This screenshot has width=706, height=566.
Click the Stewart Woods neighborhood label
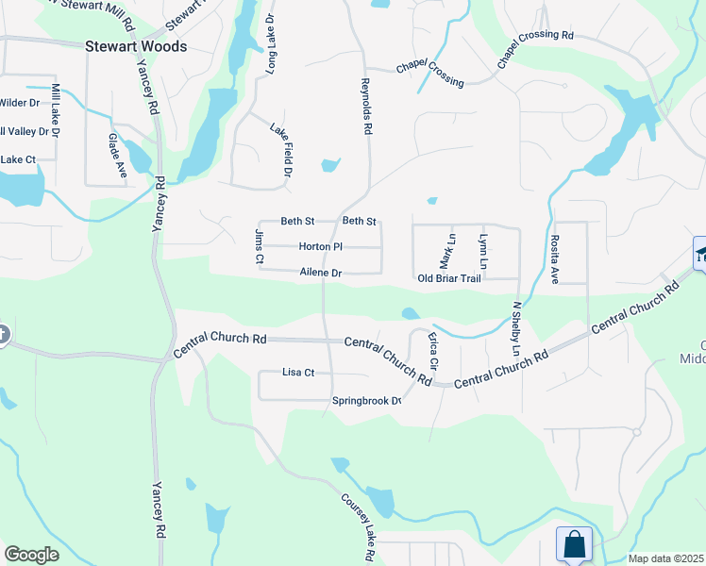tap(136, 45)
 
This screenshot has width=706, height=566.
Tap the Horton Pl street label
tap(320, 246)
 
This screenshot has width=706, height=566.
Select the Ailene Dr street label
tap(320, 273)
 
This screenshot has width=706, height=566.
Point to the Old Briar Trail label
tap(449, 278)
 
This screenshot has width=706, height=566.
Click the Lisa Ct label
tap(298, 373)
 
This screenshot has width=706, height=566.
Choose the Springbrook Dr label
tap(367, 401)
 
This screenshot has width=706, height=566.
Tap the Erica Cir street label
tap(433, 350)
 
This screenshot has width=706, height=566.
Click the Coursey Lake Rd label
tap(360, 526)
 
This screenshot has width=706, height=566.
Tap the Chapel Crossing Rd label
tap(535, 48)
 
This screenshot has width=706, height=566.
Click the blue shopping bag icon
tap(574, 544)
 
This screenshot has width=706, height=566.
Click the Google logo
tap(31, 555)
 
